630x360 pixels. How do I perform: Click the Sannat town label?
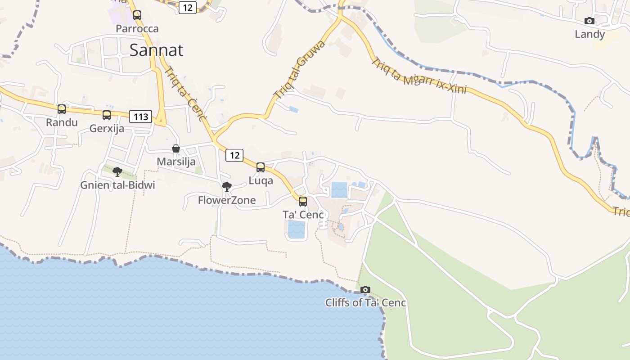click(156, 50)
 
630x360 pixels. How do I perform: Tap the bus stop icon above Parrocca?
click(137, 15)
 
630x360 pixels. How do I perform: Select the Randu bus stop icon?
click(62, 109)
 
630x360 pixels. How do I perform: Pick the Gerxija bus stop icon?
click(107, 115)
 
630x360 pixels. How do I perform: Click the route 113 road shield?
click(140, 117)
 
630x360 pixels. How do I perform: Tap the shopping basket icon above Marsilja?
click(176, 148)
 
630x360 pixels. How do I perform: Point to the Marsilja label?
click(176, 161)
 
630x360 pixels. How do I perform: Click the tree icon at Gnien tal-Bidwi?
click(117, 171)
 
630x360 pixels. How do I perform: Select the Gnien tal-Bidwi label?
click(117, 185)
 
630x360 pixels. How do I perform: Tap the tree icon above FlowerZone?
click(227, 186)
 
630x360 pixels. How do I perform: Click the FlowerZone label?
click(227, 200)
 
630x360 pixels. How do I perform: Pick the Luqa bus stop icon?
click(261, 167)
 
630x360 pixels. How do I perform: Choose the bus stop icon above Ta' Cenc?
click(303, 201)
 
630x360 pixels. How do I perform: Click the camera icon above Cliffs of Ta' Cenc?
click(365, 289)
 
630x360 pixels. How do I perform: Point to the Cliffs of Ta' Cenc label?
click(365, 302)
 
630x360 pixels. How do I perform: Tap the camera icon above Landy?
click(589, 21)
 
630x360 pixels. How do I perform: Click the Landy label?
click(589, 34)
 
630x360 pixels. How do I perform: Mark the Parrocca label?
click(137, 29)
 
